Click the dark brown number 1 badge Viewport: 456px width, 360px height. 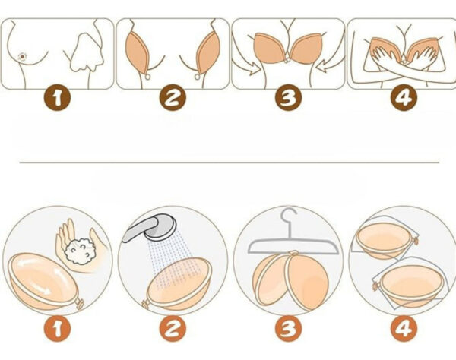[x=57, y=97]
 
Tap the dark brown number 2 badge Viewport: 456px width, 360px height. [x=173, y=97]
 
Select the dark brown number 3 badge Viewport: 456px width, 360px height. [x=289, y=97]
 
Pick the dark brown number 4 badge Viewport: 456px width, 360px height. [x=404, y=97]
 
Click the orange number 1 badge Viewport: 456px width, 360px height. [x=57, y=329]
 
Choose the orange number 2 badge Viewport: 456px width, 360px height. [x=173, y=329]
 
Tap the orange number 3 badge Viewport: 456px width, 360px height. [x=289, y=329]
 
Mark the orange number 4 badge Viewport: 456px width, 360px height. [x=404, y=329]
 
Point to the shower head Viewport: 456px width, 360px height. [x=160, y=228]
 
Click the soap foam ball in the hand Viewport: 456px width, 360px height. [x=81, y=251]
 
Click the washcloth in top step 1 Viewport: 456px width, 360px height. [x=87, y=52]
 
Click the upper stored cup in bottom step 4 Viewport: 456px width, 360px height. [x=385, y=240]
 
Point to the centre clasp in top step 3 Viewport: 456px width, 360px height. [x=287, y=61]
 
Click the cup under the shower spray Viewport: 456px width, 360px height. [x=178, y=283]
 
